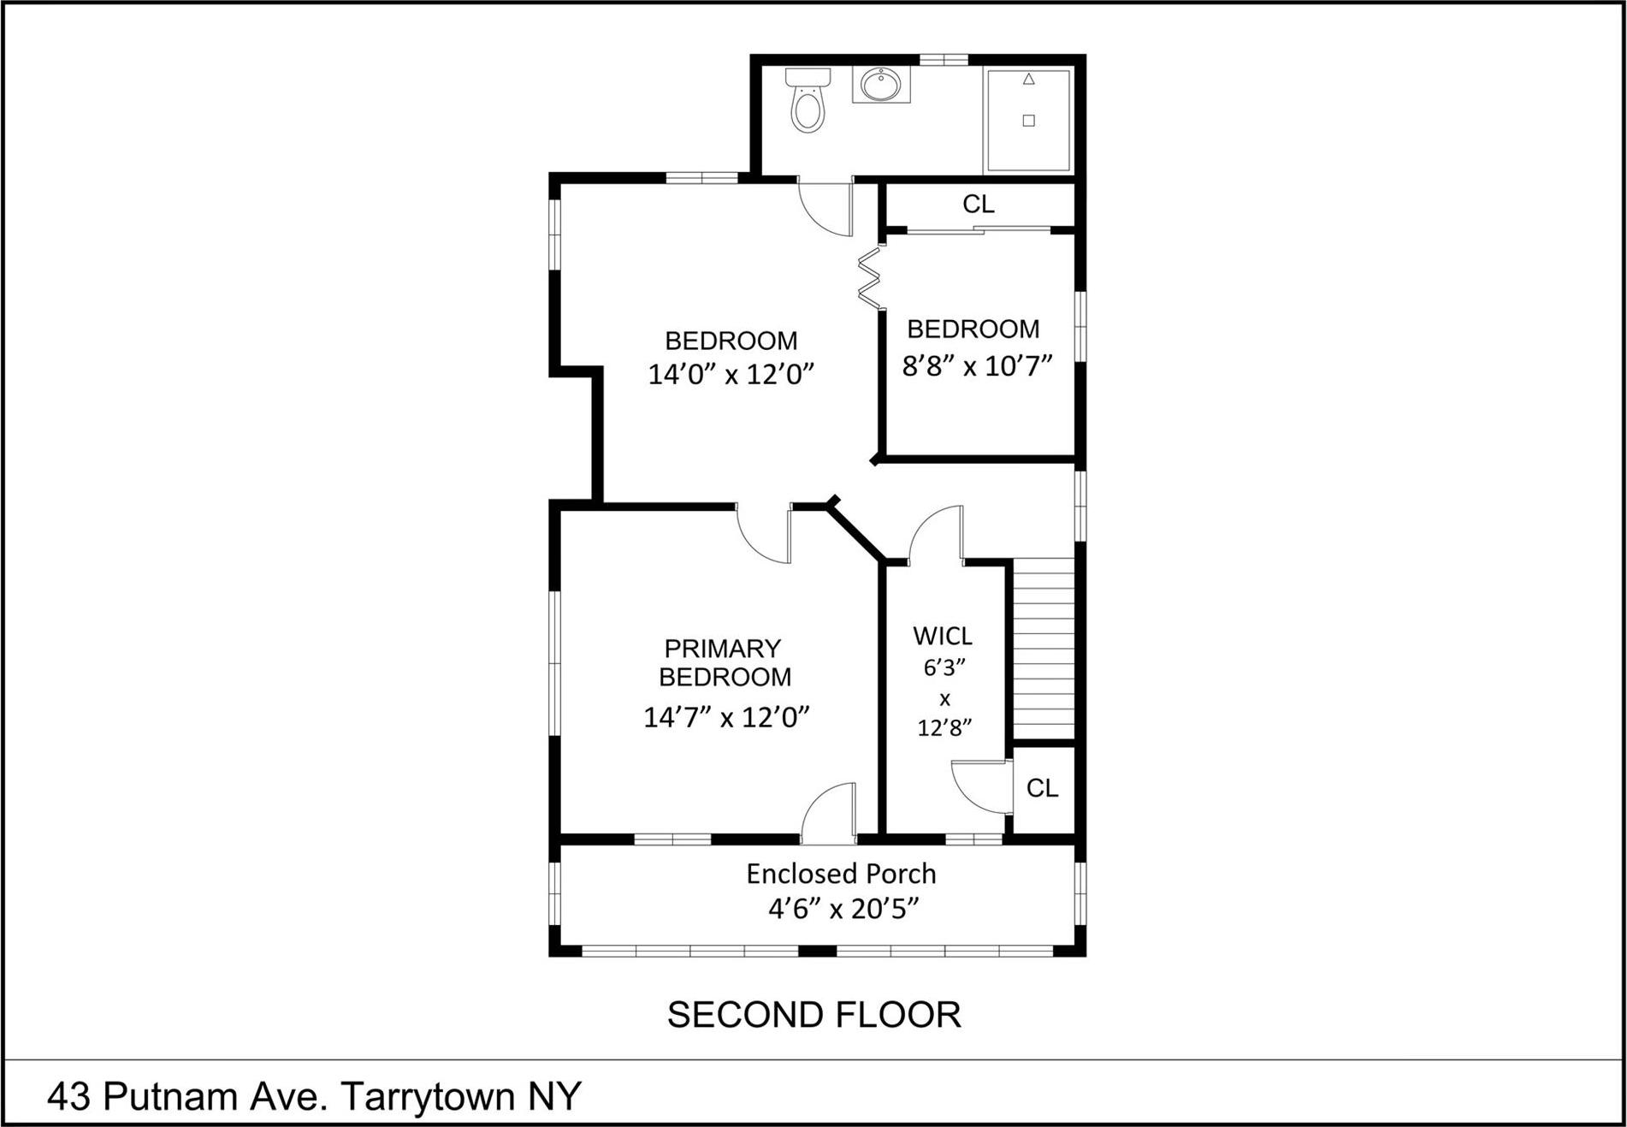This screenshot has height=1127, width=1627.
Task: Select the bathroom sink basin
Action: click(880, 85)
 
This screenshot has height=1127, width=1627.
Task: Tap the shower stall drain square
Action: click(1028, 121)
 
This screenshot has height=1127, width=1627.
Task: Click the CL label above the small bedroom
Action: click(979, 205)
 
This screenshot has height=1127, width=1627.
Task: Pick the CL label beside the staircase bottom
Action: click(1042, 788)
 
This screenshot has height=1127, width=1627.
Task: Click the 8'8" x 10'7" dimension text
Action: click(976, 366)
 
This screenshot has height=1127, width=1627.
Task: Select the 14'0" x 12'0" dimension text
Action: click(731, 374)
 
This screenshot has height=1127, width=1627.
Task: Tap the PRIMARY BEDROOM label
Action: click(724, 662)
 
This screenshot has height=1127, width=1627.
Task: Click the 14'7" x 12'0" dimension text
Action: click(726, 716)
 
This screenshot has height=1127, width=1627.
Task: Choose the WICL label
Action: click(943, 637)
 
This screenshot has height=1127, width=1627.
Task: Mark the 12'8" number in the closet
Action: click(944, 728)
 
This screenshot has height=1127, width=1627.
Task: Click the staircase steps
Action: click(1043, 649)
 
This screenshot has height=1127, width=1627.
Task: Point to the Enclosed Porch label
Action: click(841, 874)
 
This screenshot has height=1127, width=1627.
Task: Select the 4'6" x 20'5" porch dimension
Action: click(843, 908)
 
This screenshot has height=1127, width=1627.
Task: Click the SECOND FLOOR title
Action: click(813, 1015)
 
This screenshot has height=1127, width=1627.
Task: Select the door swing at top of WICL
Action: click(936, 535)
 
